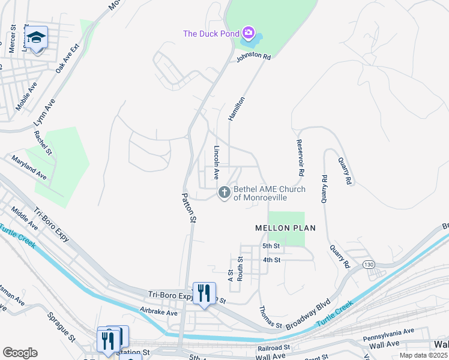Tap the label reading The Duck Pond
point(211,33)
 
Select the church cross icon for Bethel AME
point(224,193)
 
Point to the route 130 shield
point(369,264)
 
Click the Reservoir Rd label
point(300,158)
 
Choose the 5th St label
point(271,246)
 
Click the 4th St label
point(271,260)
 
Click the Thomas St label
point(270,317)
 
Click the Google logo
point(20,353)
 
